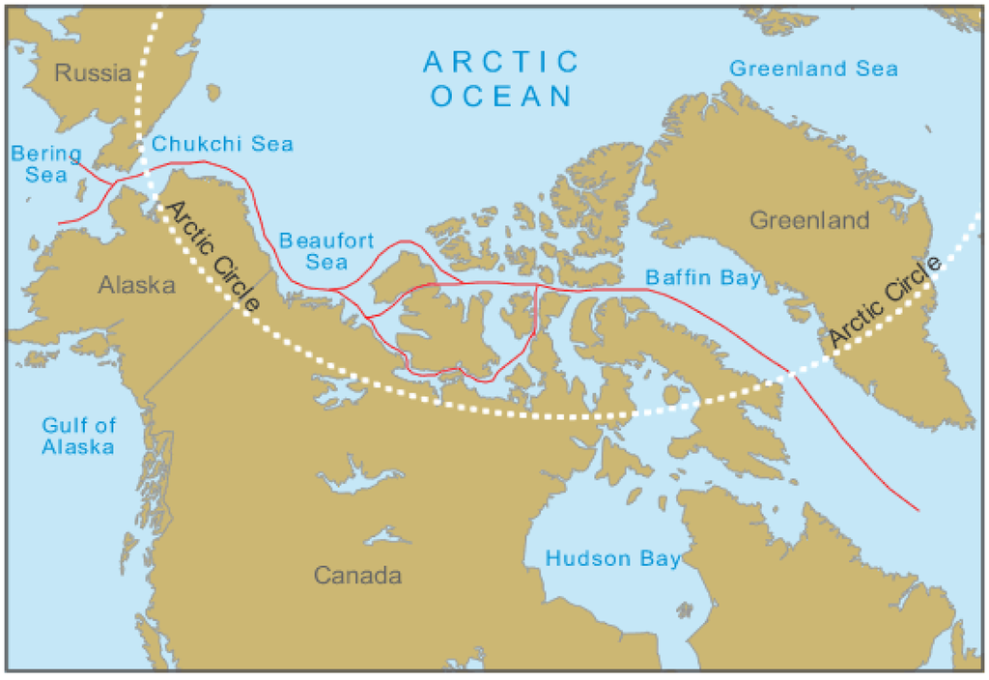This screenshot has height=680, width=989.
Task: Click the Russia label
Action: pyautogui.click(x=93, y=73)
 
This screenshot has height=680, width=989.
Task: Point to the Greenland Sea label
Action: pyautogui.click(x=813, y=69)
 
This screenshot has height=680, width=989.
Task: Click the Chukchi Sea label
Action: pyautogui.click(x=222, y=144)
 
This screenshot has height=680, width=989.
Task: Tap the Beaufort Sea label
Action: pyautogui.click(x=325, y=250)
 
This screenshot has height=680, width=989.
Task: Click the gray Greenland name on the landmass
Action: pyautogui.click(x=810, y=221)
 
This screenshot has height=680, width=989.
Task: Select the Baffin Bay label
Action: pyautogui.click(x=703, y=279)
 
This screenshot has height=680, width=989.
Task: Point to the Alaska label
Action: pyautogui.click(x=136, y=286)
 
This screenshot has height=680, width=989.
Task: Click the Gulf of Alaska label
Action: pyautogui.click(x=78, y=436)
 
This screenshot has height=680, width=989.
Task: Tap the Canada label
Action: pyautogui.click(x=356, y=577)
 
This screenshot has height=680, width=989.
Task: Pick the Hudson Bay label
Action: pyautogui.click(x=612, y=559)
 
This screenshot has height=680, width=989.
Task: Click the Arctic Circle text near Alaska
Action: pyautogui.click(x=210, y=256)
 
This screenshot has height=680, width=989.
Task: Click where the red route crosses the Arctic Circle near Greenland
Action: pyautogui.click(x=790, y=375)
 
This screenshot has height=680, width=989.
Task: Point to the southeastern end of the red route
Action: pyautogui.click(x=917, y=509)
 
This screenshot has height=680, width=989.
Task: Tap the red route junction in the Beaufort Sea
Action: pyautogui.click(x=333, y=289)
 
